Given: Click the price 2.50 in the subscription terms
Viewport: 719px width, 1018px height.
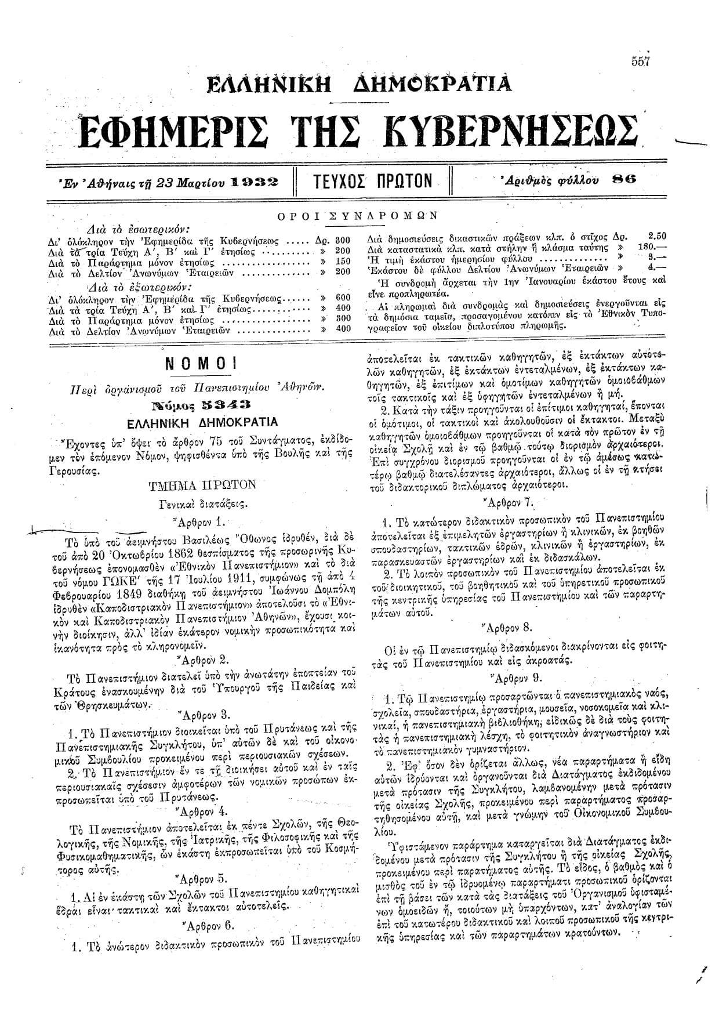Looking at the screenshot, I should [656, 236].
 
